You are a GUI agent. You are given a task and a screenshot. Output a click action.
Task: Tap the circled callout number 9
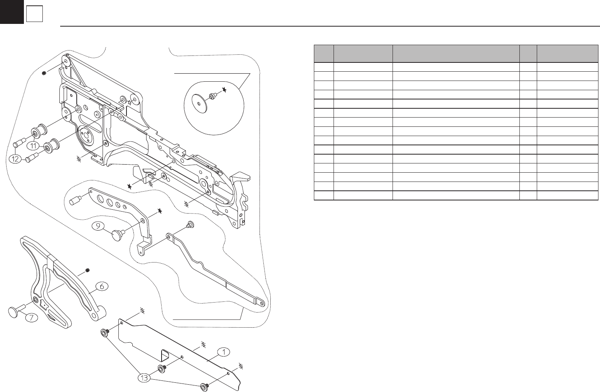[98, 227]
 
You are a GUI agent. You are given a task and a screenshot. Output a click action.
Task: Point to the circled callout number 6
[102, 286]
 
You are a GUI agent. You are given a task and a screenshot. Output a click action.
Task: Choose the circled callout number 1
[223, 352]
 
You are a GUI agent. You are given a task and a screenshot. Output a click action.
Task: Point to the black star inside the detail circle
[224, 89]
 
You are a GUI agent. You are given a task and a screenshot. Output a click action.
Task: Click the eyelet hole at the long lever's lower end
[262, 303]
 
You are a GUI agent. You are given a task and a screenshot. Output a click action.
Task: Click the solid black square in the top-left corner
[12, 12]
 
